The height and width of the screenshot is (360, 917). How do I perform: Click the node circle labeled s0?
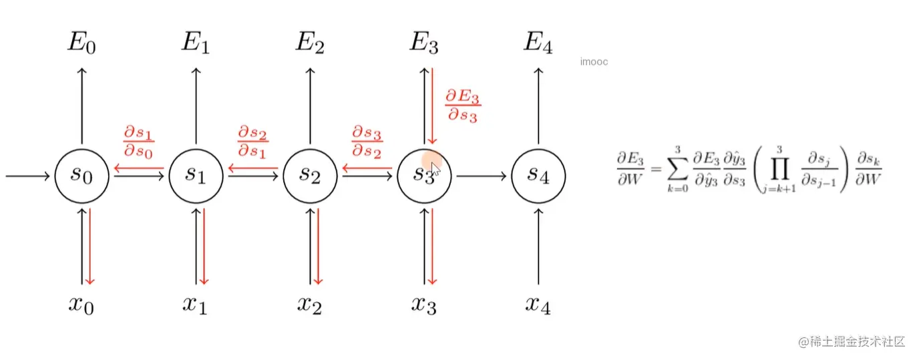82,176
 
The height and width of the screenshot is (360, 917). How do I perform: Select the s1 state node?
196,176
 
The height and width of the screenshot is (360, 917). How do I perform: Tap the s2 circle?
311,176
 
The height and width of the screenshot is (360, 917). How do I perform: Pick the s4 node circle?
538,176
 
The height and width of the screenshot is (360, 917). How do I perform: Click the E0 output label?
82,43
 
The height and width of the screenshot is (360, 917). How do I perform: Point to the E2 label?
311,43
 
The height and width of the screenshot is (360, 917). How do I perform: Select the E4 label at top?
538,43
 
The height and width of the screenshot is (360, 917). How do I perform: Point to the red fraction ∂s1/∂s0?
139,140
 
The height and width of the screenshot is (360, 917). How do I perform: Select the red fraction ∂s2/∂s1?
253,140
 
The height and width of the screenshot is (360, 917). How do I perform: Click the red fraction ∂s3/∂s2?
367,140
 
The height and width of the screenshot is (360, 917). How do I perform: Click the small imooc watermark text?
594,62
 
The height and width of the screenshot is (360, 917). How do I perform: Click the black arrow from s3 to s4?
480,176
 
